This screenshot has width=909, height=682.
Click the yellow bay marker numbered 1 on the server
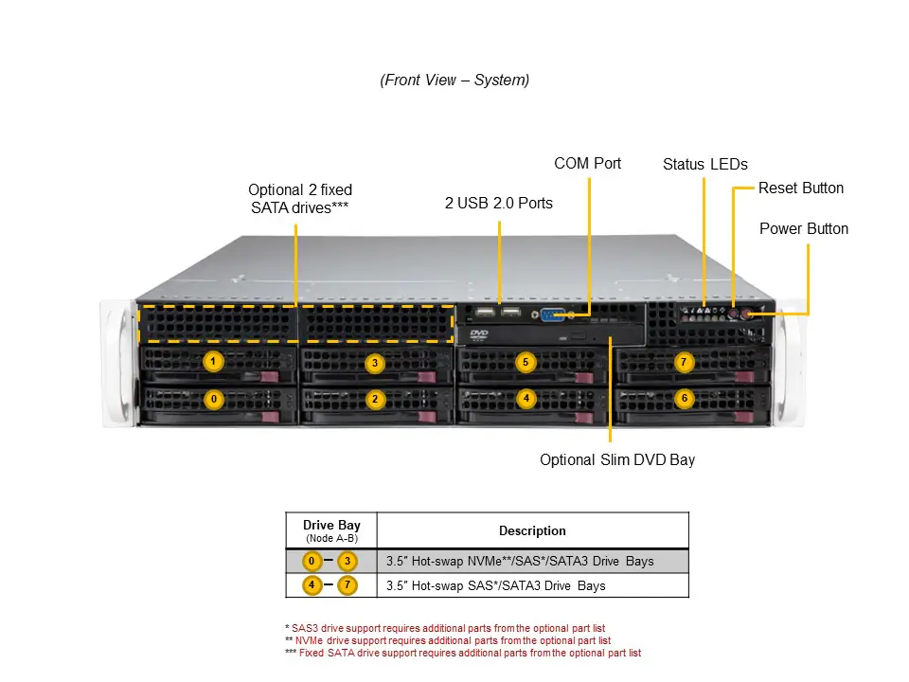214,362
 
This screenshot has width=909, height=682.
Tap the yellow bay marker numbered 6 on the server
685,399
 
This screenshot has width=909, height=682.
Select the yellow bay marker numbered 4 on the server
526,399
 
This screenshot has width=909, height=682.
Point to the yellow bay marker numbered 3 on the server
375,363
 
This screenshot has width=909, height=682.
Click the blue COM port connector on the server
554,315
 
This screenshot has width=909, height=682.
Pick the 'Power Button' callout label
804,229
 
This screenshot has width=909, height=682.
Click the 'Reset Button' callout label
800,188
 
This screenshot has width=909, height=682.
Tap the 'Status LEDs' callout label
705,165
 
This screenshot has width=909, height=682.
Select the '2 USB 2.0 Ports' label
499,203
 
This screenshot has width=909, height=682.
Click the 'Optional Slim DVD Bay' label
617,460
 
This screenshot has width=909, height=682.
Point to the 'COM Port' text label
587,164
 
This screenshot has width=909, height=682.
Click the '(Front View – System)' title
454,81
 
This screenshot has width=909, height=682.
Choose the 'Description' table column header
532,530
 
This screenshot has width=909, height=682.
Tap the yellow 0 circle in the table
311,561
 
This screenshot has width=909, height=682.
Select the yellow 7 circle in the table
348,585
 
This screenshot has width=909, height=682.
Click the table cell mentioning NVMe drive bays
520,562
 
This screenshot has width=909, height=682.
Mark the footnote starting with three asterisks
463,654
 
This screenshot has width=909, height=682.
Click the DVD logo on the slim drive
479,333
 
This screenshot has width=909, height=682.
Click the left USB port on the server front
485,314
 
